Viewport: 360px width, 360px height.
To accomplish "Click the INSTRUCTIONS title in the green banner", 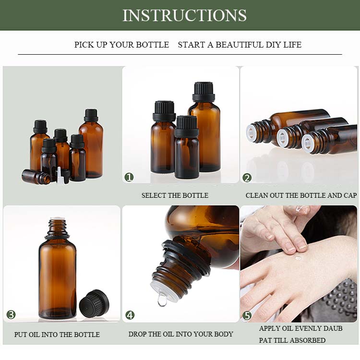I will click(184, 15).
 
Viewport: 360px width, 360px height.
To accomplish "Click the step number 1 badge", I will click(129, 177).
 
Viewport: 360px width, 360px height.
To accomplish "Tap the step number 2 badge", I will click(247, 177).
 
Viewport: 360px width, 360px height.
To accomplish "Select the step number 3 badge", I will click(11, 315).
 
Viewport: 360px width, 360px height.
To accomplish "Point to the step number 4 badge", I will click(130, 315).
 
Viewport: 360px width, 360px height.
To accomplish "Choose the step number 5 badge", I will click(247, 315).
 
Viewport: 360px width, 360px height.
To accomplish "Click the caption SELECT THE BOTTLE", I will click(175, 195).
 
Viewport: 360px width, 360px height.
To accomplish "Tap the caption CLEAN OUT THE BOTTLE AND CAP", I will click(301, 195).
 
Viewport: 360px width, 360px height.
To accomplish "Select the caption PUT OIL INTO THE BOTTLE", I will click(57, 335).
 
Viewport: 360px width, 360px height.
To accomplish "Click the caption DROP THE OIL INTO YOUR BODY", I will click(180, 334).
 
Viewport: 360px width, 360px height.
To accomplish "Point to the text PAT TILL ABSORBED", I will click(292, 340).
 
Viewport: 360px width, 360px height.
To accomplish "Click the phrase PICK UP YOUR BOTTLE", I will click(121, 45).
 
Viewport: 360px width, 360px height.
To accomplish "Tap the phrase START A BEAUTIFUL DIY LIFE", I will click(240, 45).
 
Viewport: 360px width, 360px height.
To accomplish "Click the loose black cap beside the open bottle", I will click(94, 303).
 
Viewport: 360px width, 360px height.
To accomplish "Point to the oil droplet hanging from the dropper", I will click(162, 300).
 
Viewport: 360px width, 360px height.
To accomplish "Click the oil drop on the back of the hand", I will click(298, 258).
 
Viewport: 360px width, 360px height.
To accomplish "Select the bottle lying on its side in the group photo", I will click(36, 177).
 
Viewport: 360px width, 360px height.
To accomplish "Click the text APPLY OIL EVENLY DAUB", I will click(300, 328).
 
